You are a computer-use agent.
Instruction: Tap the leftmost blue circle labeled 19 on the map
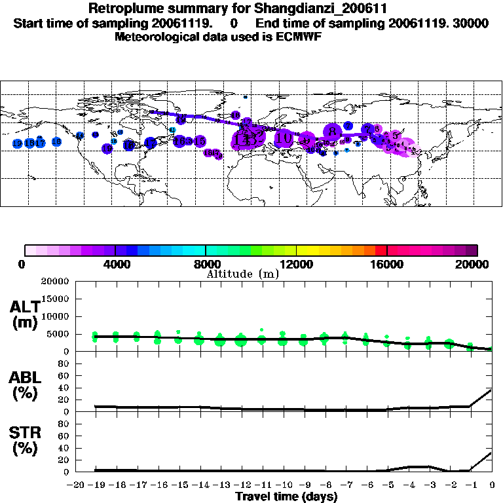(x=18, y=143)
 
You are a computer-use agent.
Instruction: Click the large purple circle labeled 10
(x=285, y=138)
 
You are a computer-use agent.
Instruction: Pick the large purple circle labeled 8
(x=333, y=131)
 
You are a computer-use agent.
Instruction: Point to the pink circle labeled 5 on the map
(x=395, y=136)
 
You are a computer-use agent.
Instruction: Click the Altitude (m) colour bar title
(x=243, y=274)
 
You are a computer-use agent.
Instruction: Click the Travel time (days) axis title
(x=286, y=496)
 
